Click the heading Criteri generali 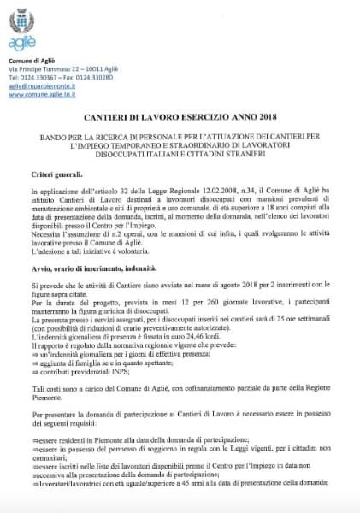point(58,174)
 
